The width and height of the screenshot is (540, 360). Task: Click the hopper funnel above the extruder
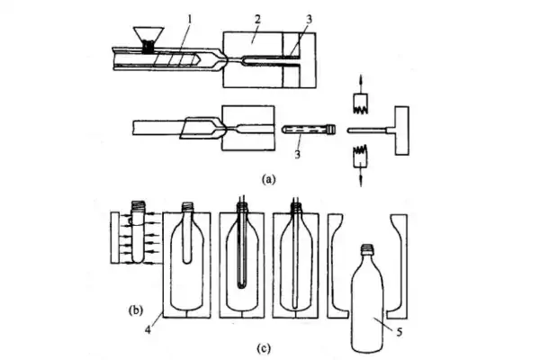(x=145, y=37)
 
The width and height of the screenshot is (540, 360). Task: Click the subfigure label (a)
(x=267, y=179)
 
